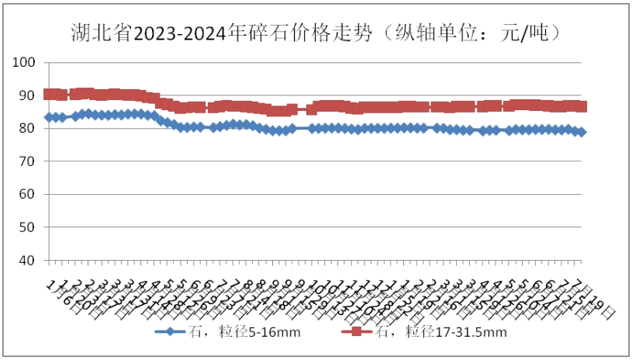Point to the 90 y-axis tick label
pos(29,95)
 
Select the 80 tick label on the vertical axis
pos(29,128)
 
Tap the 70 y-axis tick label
pos(29,161)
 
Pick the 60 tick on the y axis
pos(29,194)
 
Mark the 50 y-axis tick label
pos(29,227)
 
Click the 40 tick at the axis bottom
pos(29,261)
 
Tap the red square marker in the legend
pos(357,333)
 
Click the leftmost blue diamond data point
pos(49,117)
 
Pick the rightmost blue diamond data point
pos(582,132)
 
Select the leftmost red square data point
pos(49,94)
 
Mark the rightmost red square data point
pos(582,106)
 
